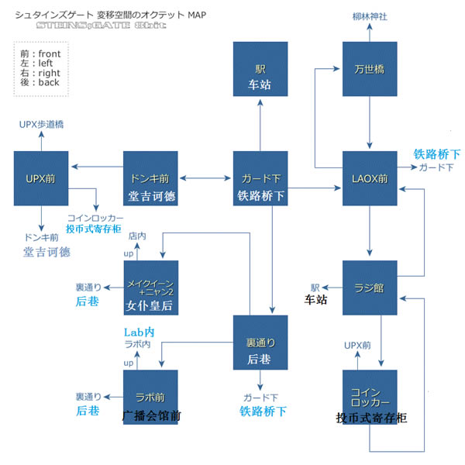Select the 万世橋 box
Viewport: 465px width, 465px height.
pos(370,69)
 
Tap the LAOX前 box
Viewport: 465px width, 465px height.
pos(370,178)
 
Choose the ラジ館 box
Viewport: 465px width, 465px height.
pos(370,288)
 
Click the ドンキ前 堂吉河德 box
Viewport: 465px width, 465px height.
pos(151,178)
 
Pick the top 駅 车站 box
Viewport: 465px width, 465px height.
pos(260,69)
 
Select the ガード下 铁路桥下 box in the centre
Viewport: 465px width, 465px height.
pos(260,178)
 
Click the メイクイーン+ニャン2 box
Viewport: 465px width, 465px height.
pos(151,288)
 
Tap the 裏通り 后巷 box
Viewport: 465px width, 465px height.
pos(260,342)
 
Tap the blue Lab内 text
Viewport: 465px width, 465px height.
pos(139,332)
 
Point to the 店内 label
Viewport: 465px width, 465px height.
pos(138,234)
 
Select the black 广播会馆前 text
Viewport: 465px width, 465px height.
pos(152,416)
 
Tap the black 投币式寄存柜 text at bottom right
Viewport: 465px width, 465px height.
pos(371,418)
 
